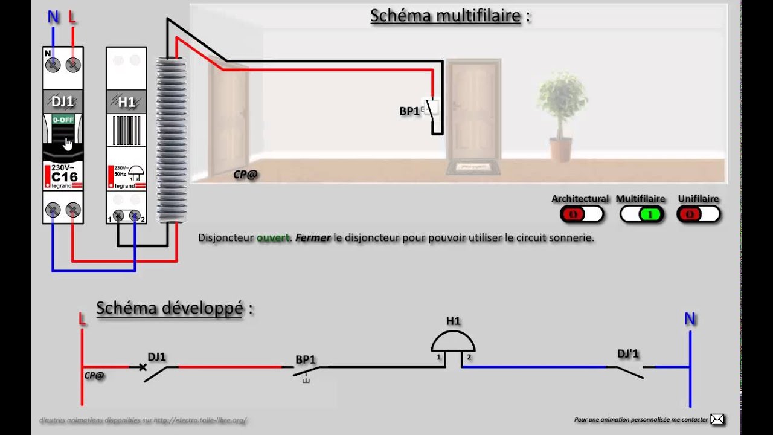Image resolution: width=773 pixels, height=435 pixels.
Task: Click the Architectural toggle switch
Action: [x=581, y=214]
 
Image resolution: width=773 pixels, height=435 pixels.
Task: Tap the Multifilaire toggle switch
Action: [x=642, y=214]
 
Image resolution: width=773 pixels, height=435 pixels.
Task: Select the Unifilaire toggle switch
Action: [x=698, y=214]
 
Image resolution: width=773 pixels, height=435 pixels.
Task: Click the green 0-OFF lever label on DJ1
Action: [x=63, y=120]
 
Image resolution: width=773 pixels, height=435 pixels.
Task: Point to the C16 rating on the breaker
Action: [x=63, y=177]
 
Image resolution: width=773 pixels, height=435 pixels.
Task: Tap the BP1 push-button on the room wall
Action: [x=432, y=108]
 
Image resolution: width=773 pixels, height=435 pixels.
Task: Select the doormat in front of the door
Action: [x=473, y=166]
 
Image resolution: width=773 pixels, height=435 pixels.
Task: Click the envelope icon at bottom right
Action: [x=717, y=419]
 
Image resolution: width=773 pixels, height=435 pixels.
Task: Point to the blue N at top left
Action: [x=53, y=17]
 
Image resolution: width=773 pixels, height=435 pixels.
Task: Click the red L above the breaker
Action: [x=72, y=17]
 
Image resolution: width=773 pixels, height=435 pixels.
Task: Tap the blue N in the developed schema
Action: [x=690, y=319]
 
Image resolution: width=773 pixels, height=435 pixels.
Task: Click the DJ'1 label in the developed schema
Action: [x=628, y=354]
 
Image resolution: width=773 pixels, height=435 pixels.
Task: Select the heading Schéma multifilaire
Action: [x=446, y=16]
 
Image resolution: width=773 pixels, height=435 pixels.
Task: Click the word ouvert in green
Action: [x=273, y=238]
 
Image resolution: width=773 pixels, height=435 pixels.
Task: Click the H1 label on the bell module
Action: [x=126, y=102]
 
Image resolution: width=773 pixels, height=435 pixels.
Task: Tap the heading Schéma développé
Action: [x=170, y=308]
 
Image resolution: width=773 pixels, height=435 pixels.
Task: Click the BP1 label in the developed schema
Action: [x=306, y=359]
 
